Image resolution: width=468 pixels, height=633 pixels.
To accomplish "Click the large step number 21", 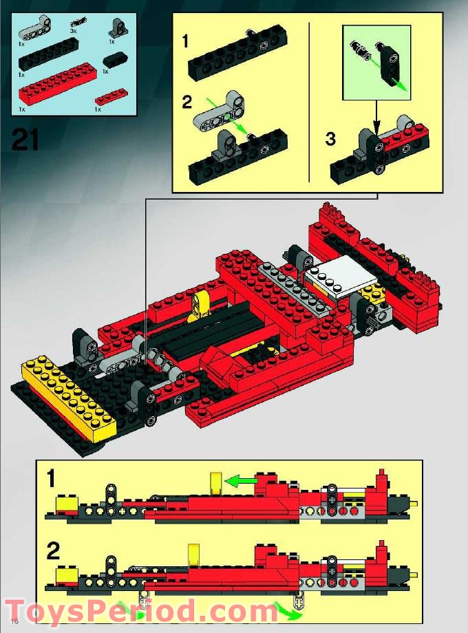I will tap(25, 140).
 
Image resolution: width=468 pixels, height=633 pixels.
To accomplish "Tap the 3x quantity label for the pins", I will tap(73, 31).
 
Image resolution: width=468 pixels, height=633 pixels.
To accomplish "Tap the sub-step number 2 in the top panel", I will tap(187, 103).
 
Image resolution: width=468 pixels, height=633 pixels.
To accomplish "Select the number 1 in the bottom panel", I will tap(53, 479).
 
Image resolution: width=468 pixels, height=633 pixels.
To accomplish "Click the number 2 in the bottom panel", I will tap(54, 552).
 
